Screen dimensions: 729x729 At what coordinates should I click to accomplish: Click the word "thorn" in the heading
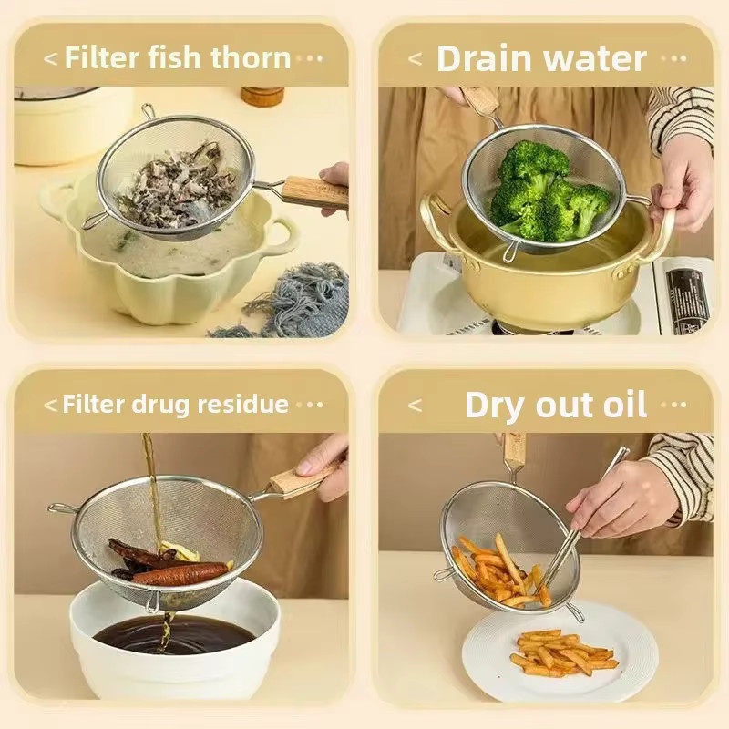251,57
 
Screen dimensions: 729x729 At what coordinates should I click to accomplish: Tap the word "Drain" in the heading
484,58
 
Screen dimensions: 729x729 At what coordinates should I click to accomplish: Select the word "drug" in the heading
161,406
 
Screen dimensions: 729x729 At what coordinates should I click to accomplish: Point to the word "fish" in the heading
175,57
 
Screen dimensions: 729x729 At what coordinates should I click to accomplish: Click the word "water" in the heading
595,58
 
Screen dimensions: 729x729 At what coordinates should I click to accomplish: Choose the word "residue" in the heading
242,404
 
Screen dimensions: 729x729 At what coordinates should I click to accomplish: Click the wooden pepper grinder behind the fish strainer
262,96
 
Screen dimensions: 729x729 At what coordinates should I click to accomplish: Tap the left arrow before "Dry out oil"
415,405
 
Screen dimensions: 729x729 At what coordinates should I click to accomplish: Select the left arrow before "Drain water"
416,58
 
